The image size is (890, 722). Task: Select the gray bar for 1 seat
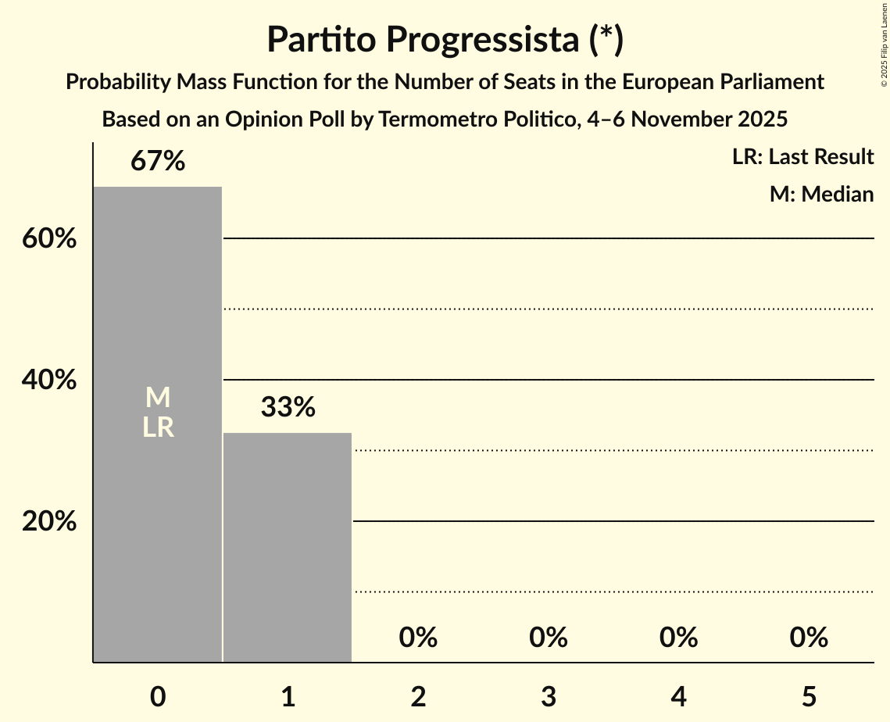[288, 547]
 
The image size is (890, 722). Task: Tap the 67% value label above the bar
[158, 162]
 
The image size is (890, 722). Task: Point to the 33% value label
[288, 407]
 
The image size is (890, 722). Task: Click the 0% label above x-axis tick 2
[418, 638]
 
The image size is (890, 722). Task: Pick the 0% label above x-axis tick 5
[808, 638]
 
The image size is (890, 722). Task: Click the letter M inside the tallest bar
[158, 398]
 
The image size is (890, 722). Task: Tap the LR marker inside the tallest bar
[158, 427]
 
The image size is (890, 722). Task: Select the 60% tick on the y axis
[49, 238]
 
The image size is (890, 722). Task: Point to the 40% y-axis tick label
[49, 380]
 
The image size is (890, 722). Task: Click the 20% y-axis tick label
[49, 521]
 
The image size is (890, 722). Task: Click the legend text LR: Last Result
[802, 157]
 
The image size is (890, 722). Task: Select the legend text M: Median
[821, 194]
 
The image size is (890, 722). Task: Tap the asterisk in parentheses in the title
[606, 40]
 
